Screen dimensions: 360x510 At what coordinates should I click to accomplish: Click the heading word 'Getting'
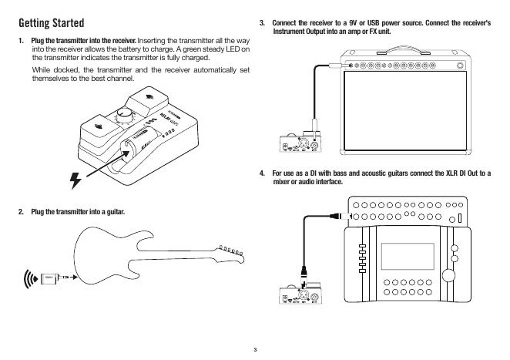click(39, 22)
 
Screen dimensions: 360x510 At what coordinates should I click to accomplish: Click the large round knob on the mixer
click(455, 249)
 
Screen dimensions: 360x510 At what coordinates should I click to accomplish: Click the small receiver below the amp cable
click(301, 143)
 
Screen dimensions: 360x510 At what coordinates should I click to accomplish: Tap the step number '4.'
click(263, 173)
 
